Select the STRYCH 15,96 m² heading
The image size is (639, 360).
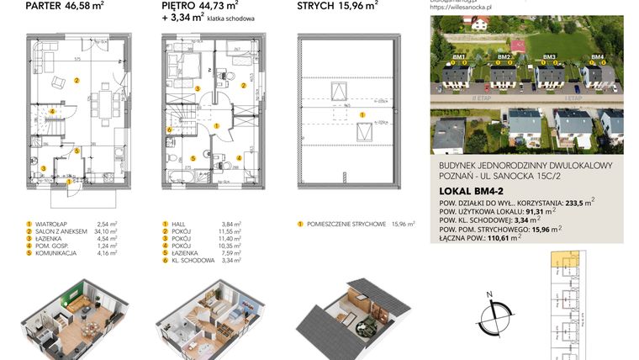pos(337,6)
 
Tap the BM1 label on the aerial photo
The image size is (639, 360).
pos(459,57)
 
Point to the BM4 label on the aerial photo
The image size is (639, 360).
pos(597,57)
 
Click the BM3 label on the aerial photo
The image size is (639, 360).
pos(550,57)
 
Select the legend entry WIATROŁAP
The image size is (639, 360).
pos(53,225)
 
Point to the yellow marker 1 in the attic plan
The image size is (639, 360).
pos(362,114)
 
